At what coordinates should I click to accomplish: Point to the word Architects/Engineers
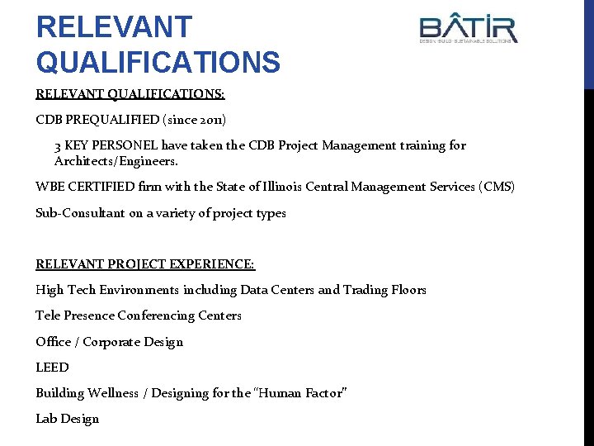coord(115,161)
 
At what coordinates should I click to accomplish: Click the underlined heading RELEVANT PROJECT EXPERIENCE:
coord(145,264)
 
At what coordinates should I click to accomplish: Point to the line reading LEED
coord(52,368)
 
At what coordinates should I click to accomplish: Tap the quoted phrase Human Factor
coord(288,393)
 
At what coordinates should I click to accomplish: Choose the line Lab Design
coord(67,419)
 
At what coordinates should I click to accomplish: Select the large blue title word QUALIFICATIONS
coord(158,60)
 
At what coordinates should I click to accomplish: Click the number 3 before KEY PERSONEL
coord(58,145)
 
